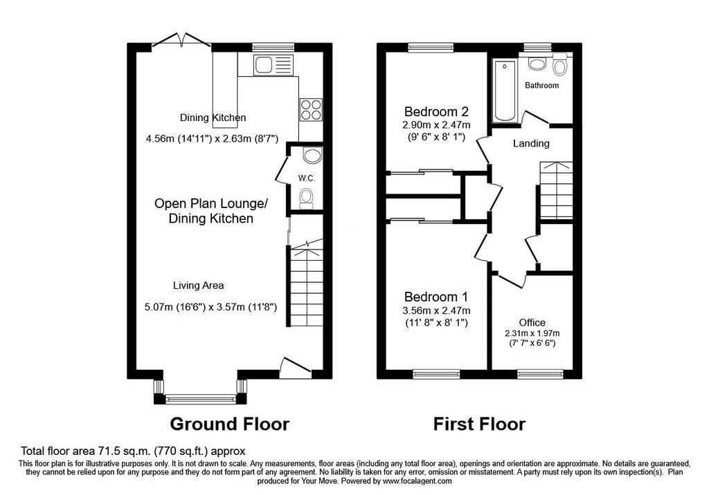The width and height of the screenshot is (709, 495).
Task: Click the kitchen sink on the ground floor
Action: click(273, 64)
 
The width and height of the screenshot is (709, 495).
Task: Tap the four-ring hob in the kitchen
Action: click(311, 109)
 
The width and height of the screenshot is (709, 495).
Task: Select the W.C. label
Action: click(307, 178)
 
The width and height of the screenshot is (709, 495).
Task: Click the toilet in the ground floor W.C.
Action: click(307, 198)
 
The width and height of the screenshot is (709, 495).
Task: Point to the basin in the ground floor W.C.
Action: click(312, 155)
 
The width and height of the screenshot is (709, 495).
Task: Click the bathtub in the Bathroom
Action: click(505, 91)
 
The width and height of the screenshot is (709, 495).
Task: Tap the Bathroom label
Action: click(541, 85)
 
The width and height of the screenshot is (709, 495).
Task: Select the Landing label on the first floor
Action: click(531, 144)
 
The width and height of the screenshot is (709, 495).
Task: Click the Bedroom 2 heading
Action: click(436, 111)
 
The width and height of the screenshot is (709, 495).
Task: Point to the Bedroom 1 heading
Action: click(436, 297)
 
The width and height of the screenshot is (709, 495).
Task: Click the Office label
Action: click(532, 322)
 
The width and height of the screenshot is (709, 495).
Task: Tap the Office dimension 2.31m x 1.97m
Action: click(532, 333)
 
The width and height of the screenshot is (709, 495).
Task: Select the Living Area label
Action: click(199, 286)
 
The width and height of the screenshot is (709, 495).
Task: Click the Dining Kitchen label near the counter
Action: click(213, 118)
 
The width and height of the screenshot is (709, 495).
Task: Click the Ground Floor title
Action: click(230, 424)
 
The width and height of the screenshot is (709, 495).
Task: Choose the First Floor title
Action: click(479, 424)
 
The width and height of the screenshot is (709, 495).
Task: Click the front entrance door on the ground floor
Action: click(295, 366)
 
